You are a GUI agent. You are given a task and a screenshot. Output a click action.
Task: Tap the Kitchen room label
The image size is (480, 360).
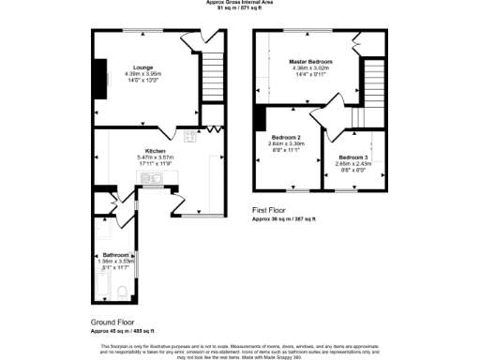156,150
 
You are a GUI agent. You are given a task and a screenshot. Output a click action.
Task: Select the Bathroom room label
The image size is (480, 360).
116,254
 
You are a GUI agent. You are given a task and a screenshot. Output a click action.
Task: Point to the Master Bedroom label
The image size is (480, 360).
311,61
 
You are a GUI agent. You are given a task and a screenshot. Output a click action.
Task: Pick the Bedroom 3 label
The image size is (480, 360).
352,157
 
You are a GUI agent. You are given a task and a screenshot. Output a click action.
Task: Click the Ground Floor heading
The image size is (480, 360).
113,322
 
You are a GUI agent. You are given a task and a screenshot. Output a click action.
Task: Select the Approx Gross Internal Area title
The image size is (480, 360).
240,3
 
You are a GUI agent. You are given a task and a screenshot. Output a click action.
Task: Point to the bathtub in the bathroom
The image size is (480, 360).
100,286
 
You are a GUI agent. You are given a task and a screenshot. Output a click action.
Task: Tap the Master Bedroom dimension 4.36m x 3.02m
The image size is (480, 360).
311,67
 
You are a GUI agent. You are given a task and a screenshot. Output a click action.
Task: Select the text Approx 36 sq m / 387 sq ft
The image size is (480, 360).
284,218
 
